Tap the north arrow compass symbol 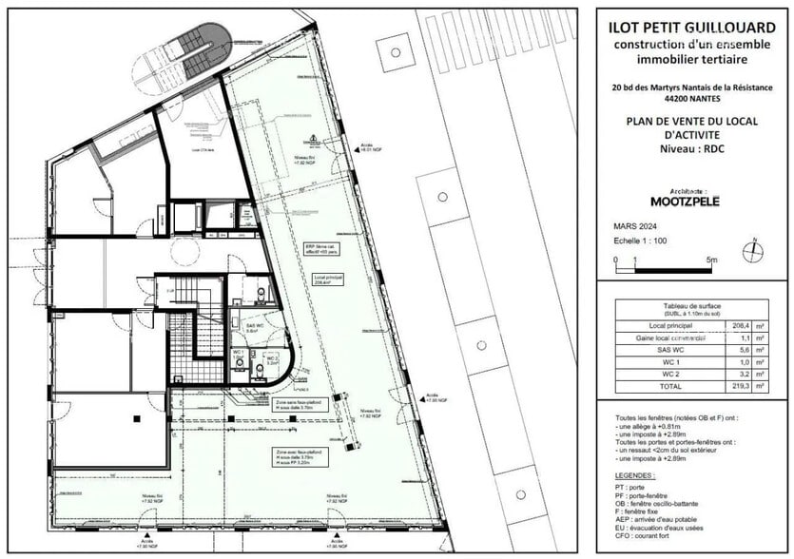pos(752,251)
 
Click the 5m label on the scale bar pos(712,259)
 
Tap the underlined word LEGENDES pos(635,474)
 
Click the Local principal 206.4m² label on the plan pos(326,280)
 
